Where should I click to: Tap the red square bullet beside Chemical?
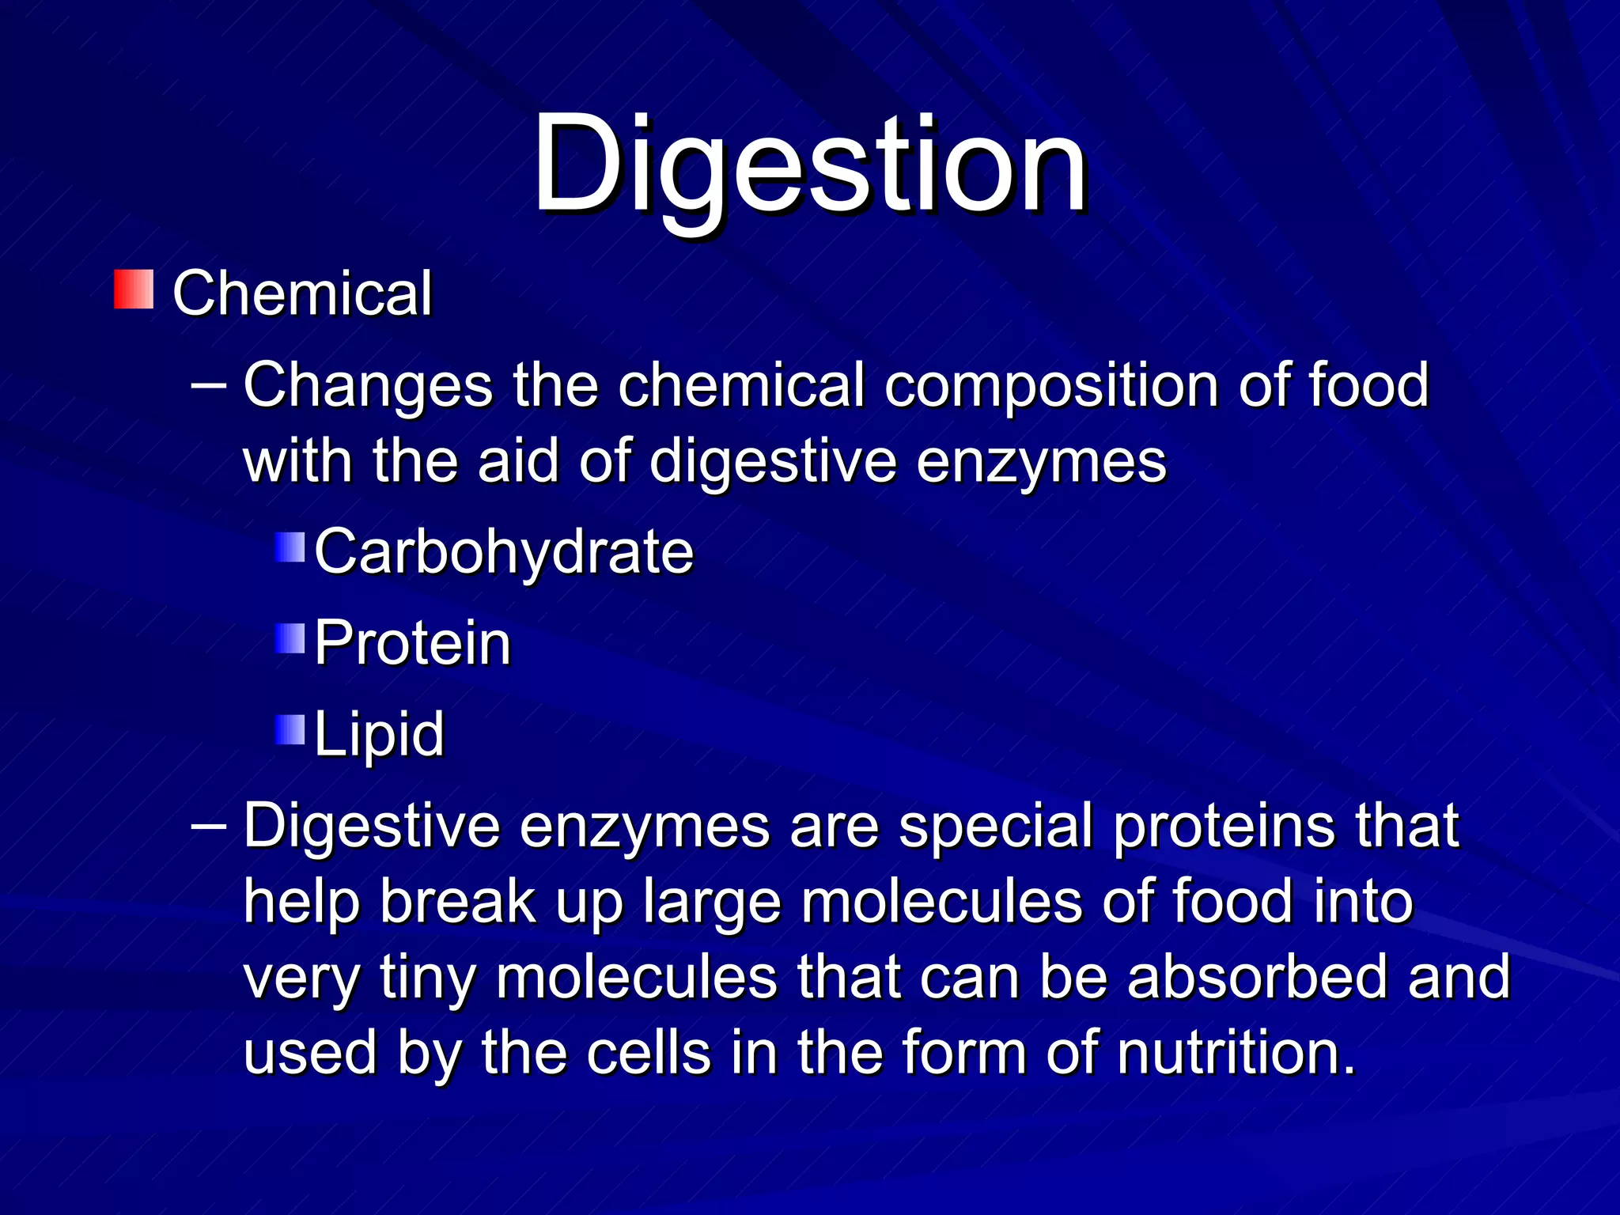[134, 290]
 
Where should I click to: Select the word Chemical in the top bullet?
[302, 293]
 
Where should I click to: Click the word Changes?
[368, 385]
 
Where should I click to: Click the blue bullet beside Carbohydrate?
[290, 547]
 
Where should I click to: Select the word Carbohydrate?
[504, 551]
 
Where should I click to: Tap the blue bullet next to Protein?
[290, 638]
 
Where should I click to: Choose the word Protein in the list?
[412, 642]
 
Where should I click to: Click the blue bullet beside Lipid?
[290, 730]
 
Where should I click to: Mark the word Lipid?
[379, 734]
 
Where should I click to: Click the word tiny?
[427, 978]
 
